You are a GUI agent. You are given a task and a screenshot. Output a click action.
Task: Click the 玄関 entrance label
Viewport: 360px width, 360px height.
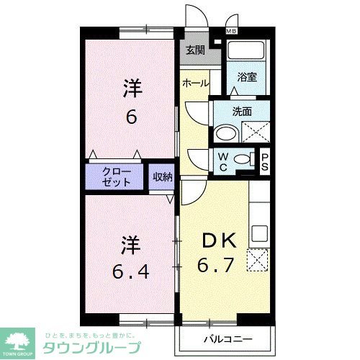[x=194, y=50]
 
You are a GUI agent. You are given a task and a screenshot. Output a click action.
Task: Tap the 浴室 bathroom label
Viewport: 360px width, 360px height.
[x=247, y=77]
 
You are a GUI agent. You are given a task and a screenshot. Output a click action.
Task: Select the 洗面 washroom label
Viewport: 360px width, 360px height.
[x=242, y=111]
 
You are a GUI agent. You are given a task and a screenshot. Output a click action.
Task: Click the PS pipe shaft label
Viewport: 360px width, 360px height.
[x=265, y=163]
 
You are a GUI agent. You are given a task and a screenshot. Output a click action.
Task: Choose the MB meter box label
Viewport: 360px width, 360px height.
[x=231, y=31]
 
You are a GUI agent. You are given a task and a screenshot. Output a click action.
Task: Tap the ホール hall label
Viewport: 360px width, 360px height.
[x=195, y=83]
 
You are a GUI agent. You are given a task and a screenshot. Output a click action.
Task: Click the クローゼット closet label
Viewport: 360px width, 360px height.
[x=117, y=177]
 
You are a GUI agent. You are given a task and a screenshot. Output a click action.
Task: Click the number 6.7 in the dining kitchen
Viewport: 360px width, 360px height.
[x=216, y=264]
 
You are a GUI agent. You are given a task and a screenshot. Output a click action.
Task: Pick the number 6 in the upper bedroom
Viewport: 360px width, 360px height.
[x=131, y=116]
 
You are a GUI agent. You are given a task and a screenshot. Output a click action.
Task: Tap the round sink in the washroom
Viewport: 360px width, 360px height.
[x=225, y=132]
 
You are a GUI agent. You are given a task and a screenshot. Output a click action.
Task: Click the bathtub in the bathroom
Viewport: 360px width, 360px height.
[x=247, y=53]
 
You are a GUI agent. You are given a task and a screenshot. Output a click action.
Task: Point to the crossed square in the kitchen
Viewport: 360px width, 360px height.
[x=258, y=259]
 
